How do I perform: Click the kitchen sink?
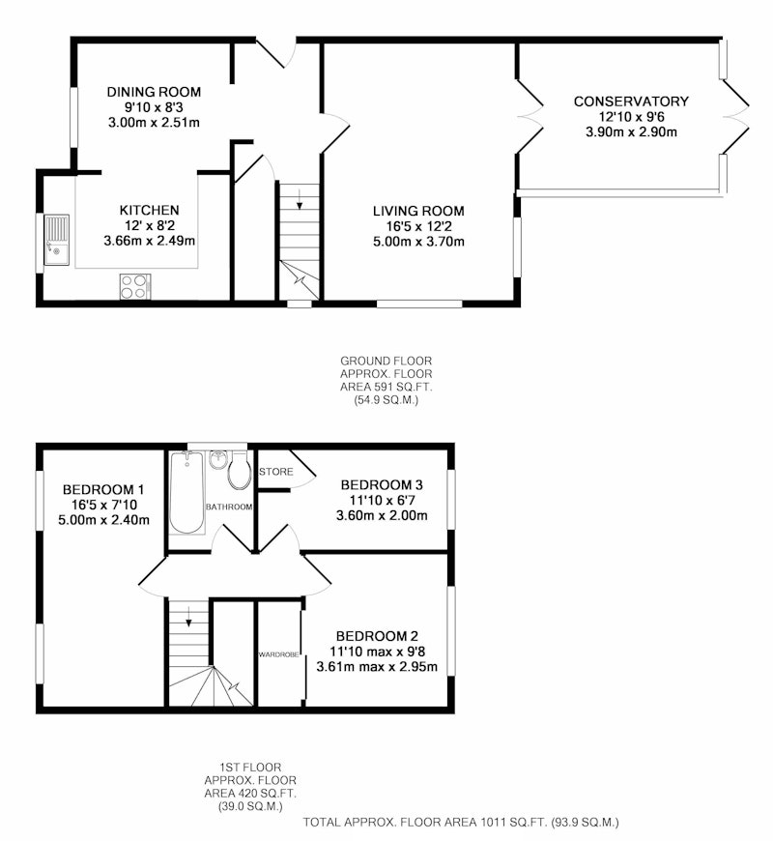(57, 240)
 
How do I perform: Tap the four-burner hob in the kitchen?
(135, 286)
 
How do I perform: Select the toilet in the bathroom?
(240, 469)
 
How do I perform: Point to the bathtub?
(187, 492)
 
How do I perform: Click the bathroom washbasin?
(217, 460)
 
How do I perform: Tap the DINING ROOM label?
(154, 92)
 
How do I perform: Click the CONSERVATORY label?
(631, 101)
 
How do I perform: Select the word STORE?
(276, 472)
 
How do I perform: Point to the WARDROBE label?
(278, 654)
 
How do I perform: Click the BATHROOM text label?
(229, 507)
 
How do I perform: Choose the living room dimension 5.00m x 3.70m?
(418, 242)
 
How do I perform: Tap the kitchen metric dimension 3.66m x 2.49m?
(150, 241)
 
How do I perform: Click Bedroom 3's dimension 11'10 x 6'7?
(383, 501)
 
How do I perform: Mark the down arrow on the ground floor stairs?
(300, 199)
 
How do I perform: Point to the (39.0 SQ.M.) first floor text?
(250, 806)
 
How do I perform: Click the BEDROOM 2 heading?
(377, 636)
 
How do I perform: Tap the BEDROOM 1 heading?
(103, 489)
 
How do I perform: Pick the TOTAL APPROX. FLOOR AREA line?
(461, 822)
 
